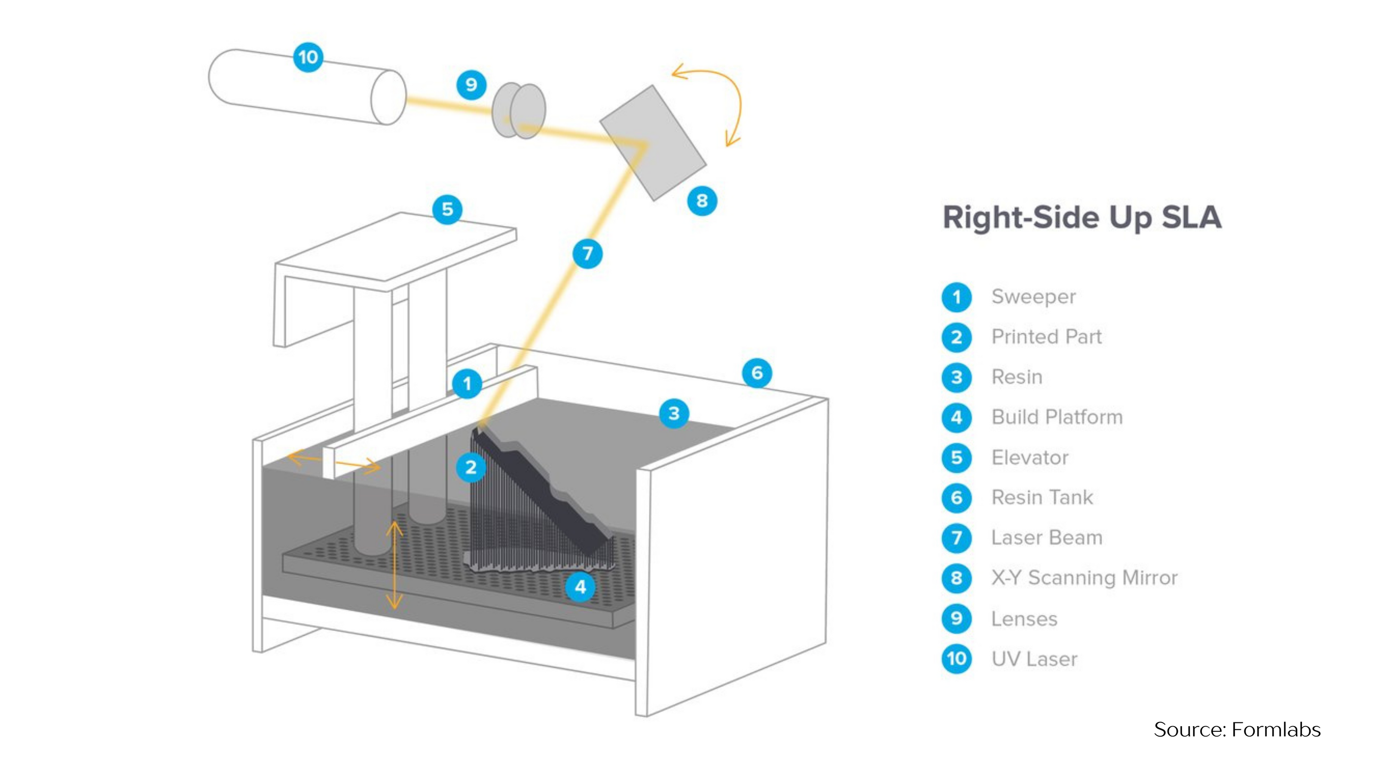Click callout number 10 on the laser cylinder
click(308, 57)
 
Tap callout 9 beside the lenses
click(471, 85)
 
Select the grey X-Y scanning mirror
click(653, 143)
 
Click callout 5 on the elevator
click(447, 209)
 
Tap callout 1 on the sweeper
click(467, 383)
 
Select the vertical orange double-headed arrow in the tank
click(394, 566)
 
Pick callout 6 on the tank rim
click(757, 373)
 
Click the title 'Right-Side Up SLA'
click(1082, 217)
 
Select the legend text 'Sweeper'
click(1033, 297)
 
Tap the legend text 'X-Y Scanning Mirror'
click(1084, 578)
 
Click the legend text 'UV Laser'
click(1034, 659)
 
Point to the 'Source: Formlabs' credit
click(1237, 729)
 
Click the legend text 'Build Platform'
click(1057, 417)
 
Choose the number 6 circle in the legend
click(956, 498)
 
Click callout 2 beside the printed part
click(470, 467)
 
